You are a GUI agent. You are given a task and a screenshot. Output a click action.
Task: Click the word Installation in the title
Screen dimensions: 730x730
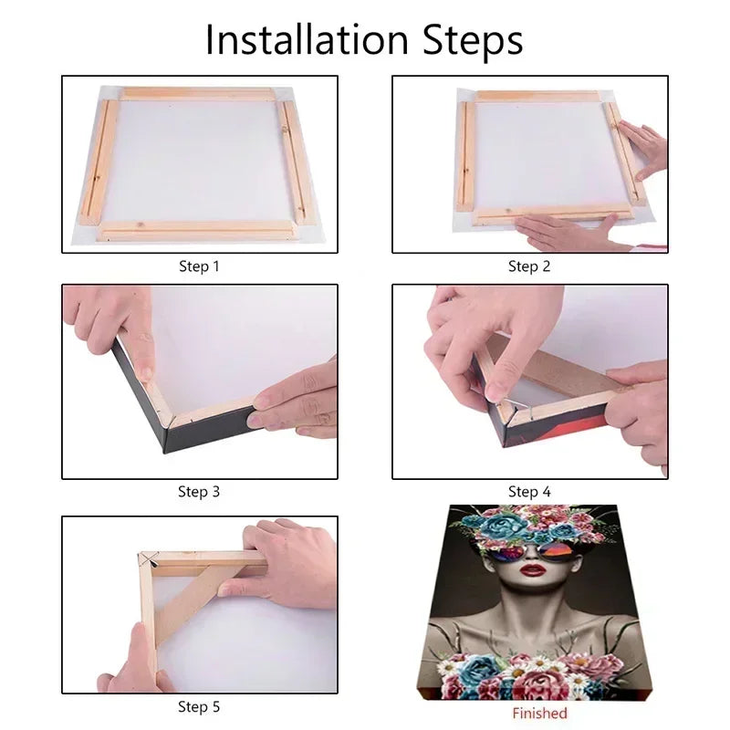[307, 39]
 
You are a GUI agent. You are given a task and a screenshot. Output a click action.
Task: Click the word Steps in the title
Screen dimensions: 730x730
[473, 40]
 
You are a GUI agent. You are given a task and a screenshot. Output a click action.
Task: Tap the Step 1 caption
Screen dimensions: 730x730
[199, 266]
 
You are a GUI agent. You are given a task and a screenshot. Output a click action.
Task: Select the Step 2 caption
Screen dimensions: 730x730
[529, 266]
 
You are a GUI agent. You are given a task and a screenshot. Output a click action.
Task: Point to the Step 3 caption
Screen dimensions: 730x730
[199, 492]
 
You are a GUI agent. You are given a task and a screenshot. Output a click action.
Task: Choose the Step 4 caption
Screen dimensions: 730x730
[529, 492]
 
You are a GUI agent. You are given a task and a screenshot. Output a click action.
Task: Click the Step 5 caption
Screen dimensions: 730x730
[199, 706]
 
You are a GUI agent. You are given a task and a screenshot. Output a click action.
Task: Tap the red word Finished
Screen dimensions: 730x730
[539, 714]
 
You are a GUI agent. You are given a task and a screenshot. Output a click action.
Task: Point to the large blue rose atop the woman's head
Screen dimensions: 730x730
[499, 527]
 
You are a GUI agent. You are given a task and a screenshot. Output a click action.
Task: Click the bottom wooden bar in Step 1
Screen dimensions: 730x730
[196, 231]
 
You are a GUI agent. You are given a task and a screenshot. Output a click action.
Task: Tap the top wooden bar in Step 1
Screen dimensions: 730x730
[198, 93]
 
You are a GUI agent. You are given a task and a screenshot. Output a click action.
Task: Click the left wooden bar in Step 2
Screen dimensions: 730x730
[466, 156]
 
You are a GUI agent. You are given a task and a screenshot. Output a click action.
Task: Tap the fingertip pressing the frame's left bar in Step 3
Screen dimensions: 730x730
[146, 373]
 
